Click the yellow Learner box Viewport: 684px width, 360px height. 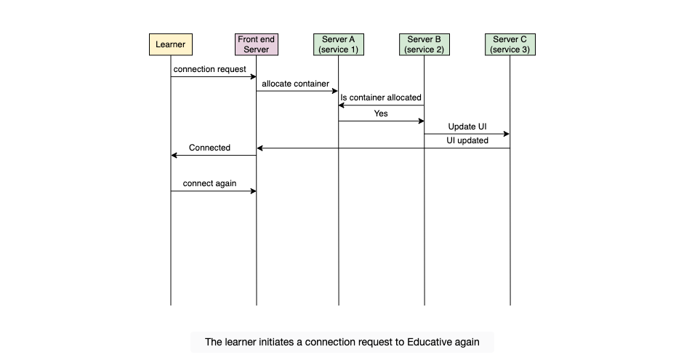(x=171, y=44)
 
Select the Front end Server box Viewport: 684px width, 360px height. (x=257, y=44)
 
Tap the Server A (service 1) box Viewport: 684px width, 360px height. (x=339, y=44)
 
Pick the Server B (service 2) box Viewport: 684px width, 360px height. (x=425, y=44)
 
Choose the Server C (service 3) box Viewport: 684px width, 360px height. (x=510, y=44)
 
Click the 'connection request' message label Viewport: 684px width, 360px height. (x=210, y=69)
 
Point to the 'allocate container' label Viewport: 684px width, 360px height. (x=295, y=84)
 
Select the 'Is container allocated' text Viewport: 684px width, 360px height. (x=381, y=97)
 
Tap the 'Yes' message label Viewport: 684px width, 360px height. (x=381, y=113)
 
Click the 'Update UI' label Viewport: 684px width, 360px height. (x=467, y=127)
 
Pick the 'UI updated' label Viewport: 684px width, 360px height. (x=467, y=140)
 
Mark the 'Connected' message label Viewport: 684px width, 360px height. (x=209, y=148)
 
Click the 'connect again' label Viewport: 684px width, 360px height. (x=209, y=183)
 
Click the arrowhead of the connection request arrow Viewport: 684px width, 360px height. (x=254, y=77)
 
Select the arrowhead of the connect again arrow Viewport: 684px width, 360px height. (x=254, y=191)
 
